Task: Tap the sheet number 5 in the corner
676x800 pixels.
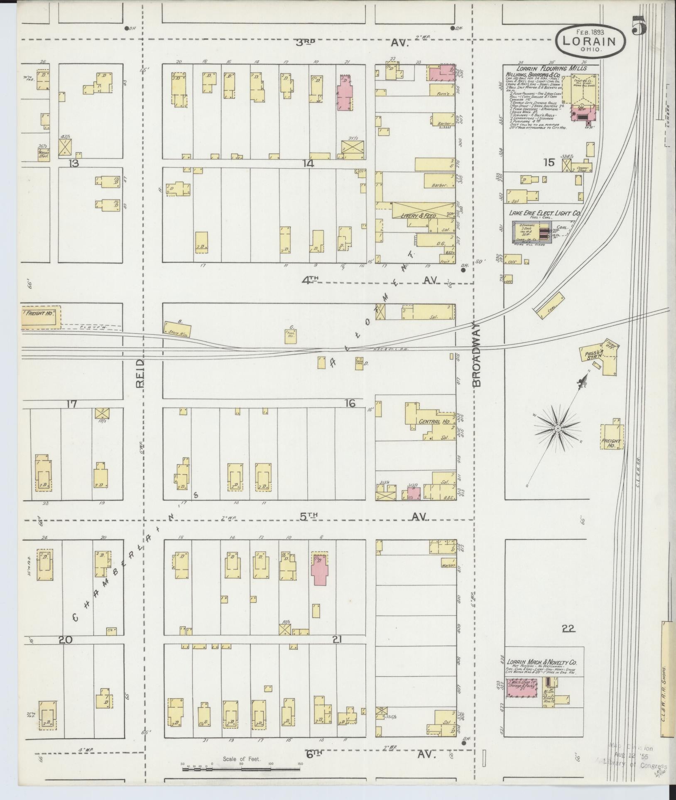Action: coord(639,27)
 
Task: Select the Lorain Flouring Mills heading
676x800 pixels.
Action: coord(551,68)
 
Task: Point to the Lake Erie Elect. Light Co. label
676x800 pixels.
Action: coord(544,213)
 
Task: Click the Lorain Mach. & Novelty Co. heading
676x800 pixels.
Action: coord(543,662)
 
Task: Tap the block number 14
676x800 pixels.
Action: coord(308,164)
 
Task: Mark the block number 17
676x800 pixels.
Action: coord(71,403)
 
